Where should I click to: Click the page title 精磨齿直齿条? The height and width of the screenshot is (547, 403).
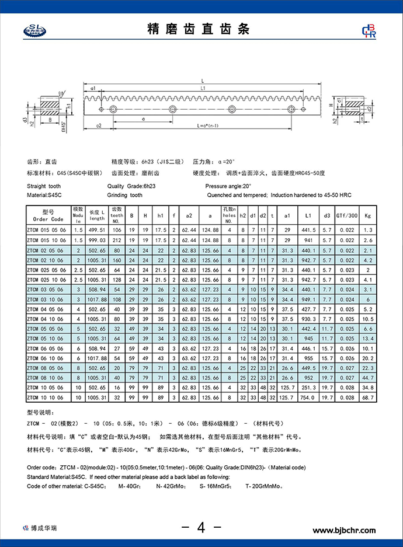pyautogui.click(x=201, y=30)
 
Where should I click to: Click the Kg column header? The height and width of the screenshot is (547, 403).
pyautogui.click(x=367, y=215)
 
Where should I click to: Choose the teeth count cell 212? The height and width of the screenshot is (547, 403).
pyautogui.click(x=117, y=241)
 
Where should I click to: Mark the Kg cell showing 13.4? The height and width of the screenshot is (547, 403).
pyautogui.click(x=367, y=339)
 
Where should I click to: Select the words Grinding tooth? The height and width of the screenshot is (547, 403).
pyautogui.click(x=125, y=195)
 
